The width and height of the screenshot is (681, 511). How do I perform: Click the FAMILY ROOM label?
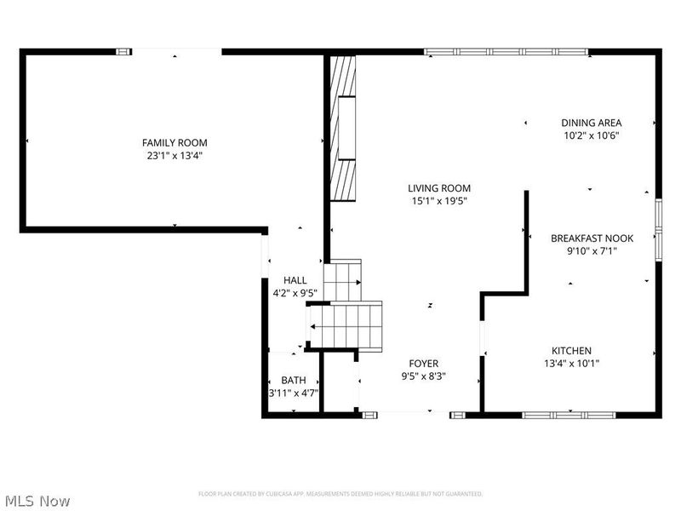point(175,143)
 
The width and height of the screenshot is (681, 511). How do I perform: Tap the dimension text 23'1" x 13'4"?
point(175,156)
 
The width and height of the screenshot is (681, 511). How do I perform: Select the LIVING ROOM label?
point(439,188)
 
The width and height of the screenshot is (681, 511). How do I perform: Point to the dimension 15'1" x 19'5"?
point(439,201)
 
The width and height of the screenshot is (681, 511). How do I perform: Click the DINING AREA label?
point(591,123)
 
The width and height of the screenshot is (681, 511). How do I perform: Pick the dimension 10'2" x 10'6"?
point(591,135)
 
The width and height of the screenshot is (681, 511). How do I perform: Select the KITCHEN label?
point(571,351)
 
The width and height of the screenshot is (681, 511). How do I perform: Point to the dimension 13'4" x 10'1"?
point(571,364)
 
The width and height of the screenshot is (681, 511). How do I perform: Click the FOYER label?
point(423,364)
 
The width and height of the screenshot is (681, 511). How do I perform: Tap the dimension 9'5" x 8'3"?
point(423,376)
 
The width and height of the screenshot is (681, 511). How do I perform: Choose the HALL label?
point(295,280)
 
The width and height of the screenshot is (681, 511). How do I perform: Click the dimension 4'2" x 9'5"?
point(295,293)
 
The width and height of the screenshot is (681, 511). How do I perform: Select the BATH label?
point(295,380)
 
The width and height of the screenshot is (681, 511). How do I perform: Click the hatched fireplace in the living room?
point(343,128)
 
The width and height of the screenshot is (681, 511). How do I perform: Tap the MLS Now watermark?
point(37,501)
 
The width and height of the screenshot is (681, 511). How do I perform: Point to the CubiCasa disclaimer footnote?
point(340,494)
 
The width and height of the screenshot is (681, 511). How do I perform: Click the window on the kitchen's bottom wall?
point(568,415)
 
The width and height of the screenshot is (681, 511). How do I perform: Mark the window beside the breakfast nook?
point(658,228)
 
